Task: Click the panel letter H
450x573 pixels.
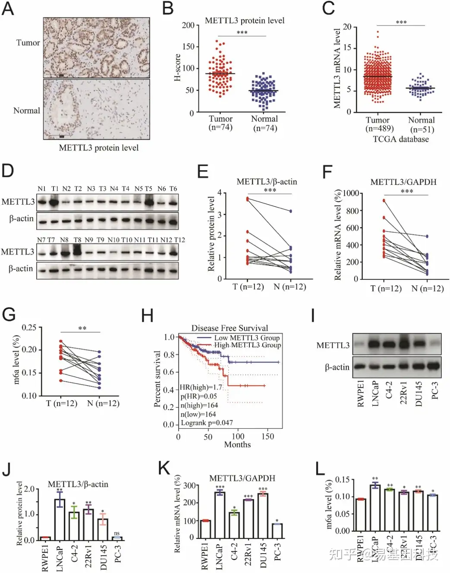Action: coord(147,316)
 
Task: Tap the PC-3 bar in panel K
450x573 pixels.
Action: coord(277,531)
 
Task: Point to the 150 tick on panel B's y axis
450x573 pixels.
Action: coord(188,47)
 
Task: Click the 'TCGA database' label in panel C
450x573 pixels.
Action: coord(401,139)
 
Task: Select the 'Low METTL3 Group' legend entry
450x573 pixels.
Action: coord(247,338)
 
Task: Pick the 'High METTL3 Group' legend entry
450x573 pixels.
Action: coord(248,345)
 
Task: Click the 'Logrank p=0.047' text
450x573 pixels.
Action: coord(207,423)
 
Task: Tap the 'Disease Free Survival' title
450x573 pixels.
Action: coord(230,328)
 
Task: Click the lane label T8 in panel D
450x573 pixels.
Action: coord(77,240)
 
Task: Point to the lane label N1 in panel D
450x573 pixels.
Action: coord(41,189)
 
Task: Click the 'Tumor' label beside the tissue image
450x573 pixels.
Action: coord(28,43)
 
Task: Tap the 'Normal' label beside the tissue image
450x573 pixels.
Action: coord(27,111)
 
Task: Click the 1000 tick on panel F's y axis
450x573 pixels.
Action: coord(350,193)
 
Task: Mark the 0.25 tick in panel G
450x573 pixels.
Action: coord(29,328)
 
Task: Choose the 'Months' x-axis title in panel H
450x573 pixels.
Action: coord(237,444)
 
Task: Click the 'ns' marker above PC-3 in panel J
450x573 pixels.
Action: coord(116,533)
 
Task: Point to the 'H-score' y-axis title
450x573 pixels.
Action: coord(177,67)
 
